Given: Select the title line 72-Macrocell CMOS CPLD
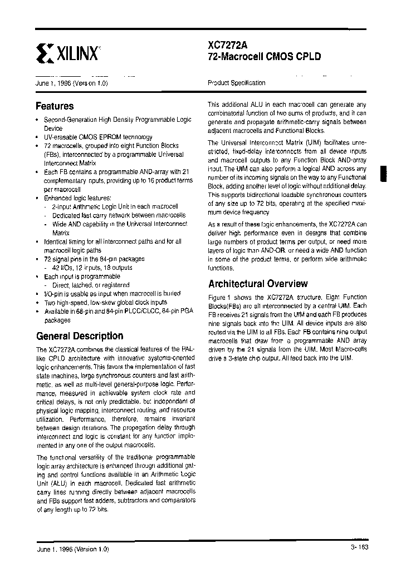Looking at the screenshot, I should (264, 57).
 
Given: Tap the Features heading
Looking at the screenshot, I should (55, 106).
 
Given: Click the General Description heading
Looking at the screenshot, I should (80, 335).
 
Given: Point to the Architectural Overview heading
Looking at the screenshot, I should (257, 283).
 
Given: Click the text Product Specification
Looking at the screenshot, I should (236, 83).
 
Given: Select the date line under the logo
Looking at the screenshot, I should (71, 83).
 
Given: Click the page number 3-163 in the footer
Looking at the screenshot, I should (359, 547).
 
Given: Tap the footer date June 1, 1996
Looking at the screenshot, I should (72, 548).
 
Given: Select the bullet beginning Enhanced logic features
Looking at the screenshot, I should (77, 197).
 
